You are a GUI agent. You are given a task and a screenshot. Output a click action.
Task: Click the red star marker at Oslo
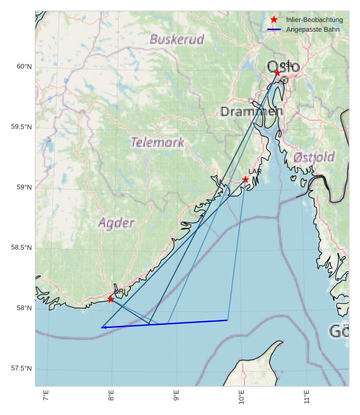click(277, 73)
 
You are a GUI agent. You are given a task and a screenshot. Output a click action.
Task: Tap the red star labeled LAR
click(245, 179)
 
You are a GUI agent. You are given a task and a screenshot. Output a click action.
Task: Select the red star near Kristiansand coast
click(111, 299)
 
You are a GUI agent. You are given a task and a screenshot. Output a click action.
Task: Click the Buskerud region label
click(177, 39)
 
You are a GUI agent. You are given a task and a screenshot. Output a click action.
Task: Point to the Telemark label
click(157, 143)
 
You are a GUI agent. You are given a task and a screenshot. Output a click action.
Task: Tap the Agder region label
click(116, 222)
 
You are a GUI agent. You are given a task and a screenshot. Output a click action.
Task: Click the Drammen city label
click(252, 112)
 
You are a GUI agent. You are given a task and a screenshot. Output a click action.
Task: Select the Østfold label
click(313, 157)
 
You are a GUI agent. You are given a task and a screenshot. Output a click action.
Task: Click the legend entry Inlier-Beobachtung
click(314, 20)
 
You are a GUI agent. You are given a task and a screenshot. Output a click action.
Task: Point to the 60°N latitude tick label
click(24, 66)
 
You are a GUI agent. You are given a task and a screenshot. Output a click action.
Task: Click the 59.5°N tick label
click(21, 127)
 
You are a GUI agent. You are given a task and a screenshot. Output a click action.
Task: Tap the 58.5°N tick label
click(21, 247)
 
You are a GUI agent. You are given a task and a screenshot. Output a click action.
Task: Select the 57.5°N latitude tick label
click(21, 368)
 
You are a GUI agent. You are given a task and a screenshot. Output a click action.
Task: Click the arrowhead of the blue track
click(102, 328)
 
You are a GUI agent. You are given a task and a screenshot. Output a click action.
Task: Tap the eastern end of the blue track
click(227, 320)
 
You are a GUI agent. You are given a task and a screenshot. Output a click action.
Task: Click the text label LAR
click(255, 172)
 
